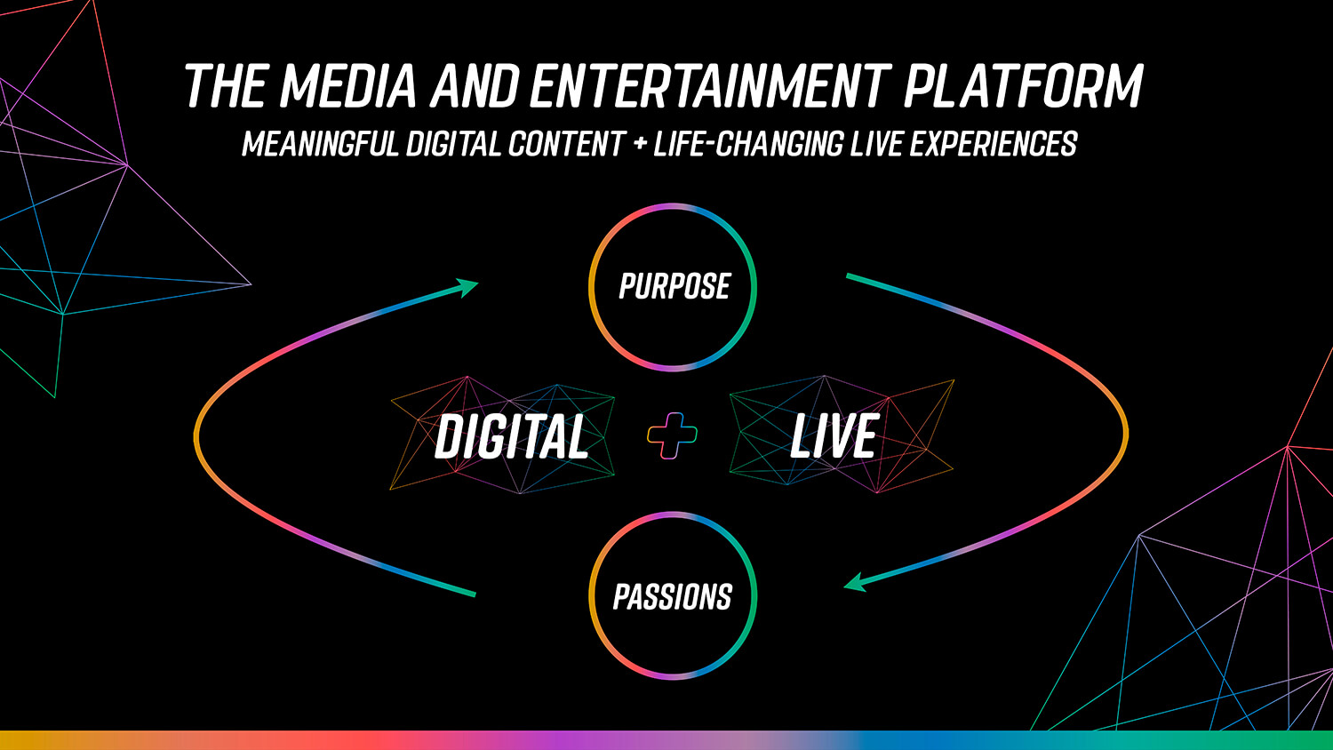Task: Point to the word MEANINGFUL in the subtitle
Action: tap(320, 144)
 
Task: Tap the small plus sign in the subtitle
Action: tap(640, 144)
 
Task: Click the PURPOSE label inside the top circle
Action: tap(674, 286)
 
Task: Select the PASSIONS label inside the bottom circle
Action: tap(673, 597)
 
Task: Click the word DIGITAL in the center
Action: tap(512, 436)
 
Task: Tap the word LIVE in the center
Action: tap(834, 436)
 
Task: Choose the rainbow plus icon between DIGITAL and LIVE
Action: tap(673, 435)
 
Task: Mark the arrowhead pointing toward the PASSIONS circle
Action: tap(855, 582)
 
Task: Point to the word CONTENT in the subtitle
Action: tap(566, 144)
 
